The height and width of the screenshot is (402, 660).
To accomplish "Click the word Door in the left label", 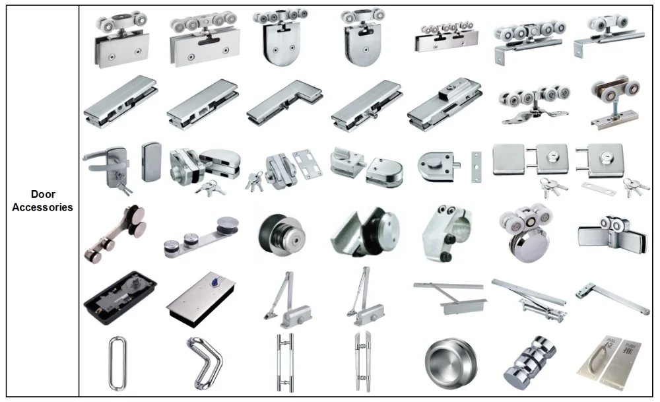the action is coord(43,194).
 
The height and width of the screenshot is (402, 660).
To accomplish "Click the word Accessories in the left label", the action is coord(42,207).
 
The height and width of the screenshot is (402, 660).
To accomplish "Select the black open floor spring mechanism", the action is coord(120,298).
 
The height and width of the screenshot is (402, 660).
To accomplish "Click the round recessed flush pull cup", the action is coord(451,362).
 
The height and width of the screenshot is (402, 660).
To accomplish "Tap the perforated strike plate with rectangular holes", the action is coord(308,163).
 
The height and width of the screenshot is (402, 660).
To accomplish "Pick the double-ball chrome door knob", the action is coord(530,363).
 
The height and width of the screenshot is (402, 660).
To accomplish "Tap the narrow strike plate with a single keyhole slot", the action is coord(476,167).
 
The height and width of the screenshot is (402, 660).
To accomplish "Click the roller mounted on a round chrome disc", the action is coord(527,234).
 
